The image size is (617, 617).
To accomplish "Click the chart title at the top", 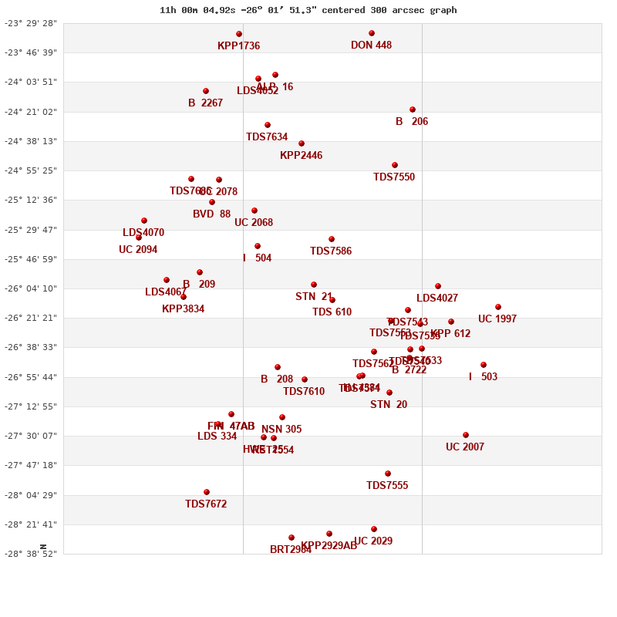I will tap(308, 10).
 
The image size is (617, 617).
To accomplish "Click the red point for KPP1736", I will tap(239, 34).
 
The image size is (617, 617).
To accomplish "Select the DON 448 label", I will tap(371, 46).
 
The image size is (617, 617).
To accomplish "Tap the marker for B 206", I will tap(413, 110).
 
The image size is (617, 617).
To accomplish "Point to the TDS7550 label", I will tap(394, 177).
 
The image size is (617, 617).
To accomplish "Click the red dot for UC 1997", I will tap(498, 307).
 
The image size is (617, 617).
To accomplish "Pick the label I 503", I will tap(483, 377).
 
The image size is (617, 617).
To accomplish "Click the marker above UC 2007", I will tap(466, 435).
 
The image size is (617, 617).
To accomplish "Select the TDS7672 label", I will tap(206, 504).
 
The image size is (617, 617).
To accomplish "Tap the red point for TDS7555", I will tap(388, 474).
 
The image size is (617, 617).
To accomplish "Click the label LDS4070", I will tap(143, 233).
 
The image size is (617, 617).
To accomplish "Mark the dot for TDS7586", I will tap(332, 239).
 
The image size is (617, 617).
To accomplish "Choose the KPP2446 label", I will tap(301, 156).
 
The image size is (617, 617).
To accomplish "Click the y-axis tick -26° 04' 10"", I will tap(31, 288).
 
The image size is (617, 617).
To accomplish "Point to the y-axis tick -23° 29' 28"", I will tap(31, 23).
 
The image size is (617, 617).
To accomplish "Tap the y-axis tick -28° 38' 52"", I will tap(31, 554).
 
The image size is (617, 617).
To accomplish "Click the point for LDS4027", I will tap(438, 286).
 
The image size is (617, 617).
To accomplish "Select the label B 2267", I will tap(205, 103).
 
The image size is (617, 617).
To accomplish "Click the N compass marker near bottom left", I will tap(43, 547).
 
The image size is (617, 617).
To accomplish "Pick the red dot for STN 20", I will tap(389, 393).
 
